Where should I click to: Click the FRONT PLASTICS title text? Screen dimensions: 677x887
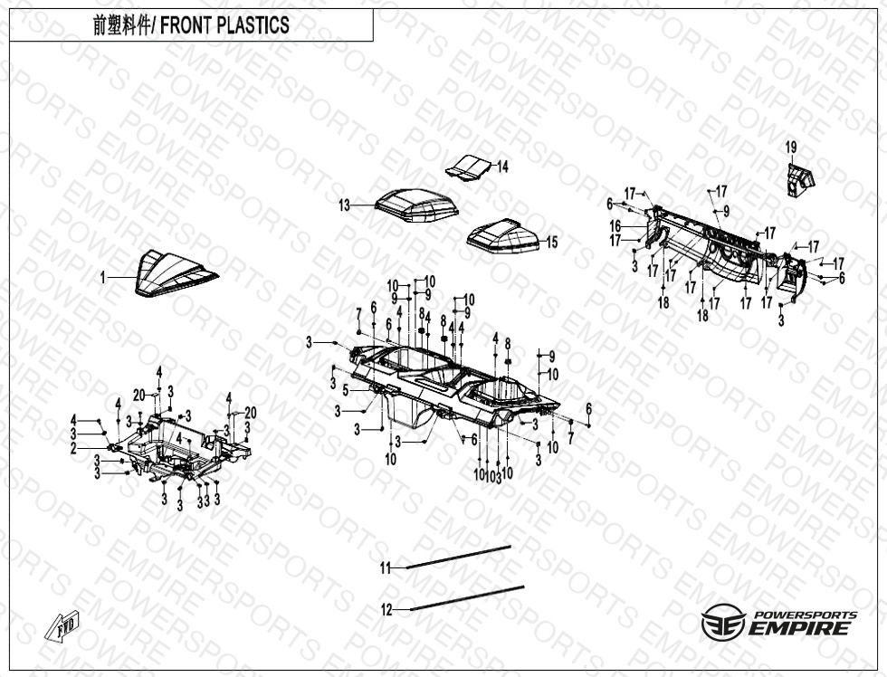[191, 25]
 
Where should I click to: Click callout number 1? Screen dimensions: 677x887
[103, 278]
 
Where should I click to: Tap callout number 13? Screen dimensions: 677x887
[344, 206]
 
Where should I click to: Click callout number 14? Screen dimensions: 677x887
[502, 167]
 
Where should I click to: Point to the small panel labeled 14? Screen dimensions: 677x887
[471, 167]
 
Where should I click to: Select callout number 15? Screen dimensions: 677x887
[551, 243]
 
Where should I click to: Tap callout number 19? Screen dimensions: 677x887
[791, 148]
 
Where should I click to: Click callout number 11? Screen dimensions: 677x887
[386, 568]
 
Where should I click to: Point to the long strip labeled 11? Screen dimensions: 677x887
[458, 557]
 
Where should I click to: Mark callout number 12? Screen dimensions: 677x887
[386, 610]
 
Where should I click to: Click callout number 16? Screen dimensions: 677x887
[615, 226]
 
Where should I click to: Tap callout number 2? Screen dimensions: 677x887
[74, 448]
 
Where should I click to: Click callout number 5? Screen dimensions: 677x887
[345, 390]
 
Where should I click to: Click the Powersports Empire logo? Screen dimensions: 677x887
[779, 623]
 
